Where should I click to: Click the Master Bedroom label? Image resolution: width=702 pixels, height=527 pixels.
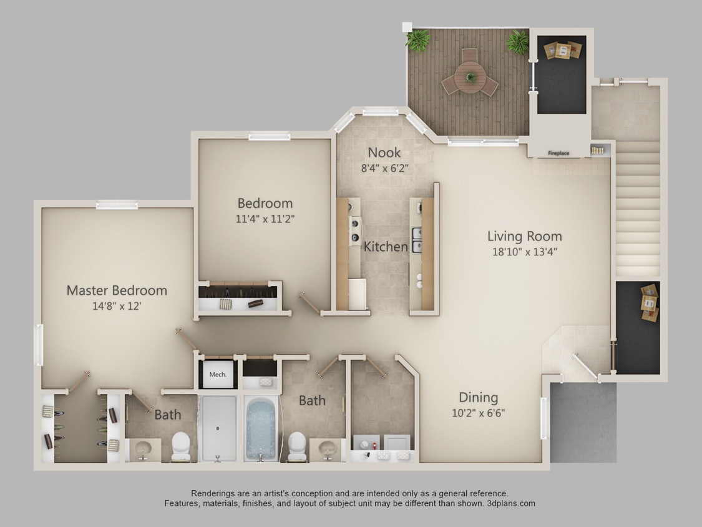[117, 290]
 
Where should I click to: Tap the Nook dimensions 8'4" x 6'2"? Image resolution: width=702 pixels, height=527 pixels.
[384, 168]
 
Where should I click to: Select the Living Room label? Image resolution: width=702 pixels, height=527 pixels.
[524, 236]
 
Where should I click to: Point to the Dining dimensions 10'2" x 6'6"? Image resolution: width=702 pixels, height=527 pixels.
[479, 413]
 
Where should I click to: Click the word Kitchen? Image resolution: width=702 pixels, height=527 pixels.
[386, 247]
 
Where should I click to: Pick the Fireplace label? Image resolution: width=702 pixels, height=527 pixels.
[558, 153]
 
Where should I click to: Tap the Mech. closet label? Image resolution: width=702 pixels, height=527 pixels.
[217, 375]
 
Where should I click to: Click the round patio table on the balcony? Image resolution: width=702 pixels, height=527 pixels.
[470, 77]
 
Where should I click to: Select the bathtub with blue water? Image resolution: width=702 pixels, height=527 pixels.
[261, 428]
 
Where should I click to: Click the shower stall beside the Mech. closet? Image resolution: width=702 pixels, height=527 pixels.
[218, 427]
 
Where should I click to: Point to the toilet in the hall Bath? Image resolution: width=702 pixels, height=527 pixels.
[297, 445]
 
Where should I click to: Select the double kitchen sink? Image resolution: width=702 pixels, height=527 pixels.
[417, 240]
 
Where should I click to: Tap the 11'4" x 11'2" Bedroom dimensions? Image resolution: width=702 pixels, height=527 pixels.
[265, 219]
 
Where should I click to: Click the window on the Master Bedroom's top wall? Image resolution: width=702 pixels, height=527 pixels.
[117, 204]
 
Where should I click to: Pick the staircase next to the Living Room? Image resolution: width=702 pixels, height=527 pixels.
[638, 209]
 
